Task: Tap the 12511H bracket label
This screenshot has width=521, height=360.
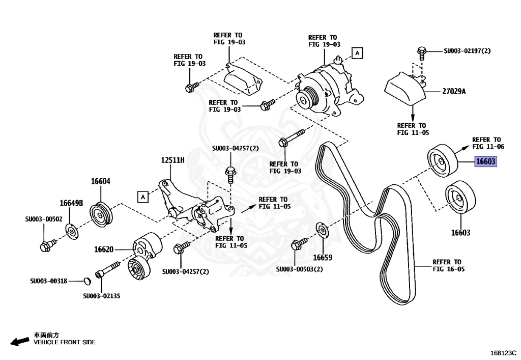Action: click(x=173, y=160)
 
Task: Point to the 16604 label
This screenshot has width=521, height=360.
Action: click(x=101, y=181)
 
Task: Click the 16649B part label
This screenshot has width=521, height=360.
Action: click(x=71, y=203)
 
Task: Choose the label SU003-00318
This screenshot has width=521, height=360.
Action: click(x=48, y=281)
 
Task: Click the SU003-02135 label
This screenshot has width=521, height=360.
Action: click(x=102, y=296)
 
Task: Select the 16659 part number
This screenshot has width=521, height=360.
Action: click(x=322, y=258)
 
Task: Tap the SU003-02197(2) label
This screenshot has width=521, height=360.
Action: click(x=467, y=51)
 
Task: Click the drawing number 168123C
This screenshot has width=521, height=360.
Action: click(x=503, y=352)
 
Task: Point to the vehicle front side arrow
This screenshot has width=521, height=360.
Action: click(x=20, y=341)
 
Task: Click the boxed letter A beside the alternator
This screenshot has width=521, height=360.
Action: click(x=357, y=53)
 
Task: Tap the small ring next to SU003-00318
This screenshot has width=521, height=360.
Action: click(x=86, y=281)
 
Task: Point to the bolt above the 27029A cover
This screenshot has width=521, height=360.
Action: click(x=422, y=51)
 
